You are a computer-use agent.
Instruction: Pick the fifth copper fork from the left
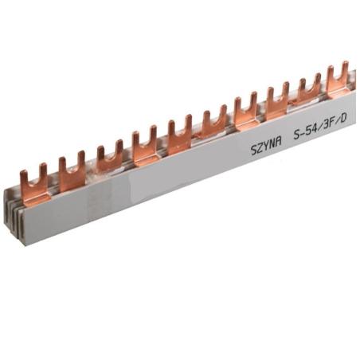pos(179,134)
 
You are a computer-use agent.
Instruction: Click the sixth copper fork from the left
pos(213,123)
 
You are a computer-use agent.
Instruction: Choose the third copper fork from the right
pos(276,97)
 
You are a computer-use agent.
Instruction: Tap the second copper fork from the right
pos(308,87)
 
